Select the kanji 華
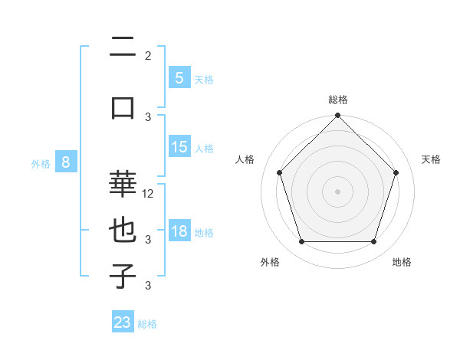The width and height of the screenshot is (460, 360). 123,184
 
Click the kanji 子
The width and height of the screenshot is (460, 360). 123,277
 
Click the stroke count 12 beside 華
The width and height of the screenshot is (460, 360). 149,194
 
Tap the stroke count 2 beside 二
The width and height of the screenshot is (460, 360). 148,56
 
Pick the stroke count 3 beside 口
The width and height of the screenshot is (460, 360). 148,116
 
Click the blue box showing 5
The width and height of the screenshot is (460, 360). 179,77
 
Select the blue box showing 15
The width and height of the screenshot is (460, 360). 179,147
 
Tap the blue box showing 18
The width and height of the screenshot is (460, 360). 179,231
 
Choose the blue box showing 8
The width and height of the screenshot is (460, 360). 66,162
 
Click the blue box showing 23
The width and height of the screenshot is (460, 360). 123,322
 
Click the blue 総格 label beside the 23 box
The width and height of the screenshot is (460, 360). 147,324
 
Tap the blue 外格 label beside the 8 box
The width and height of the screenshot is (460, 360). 41,163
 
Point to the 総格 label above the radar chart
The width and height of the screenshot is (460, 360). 337,100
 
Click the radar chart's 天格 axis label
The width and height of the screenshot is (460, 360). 432,159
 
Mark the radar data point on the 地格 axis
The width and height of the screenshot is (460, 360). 373,242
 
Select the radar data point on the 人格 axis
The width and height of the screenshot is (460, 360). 279,172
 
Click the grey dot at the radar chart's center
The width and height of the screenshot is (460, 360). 337,191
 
